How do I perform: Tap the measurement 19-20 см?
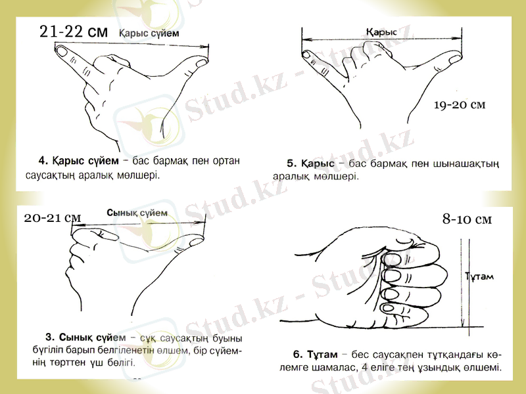(x=460, y=105)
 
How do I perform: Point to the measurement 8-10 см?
(x=467, y=219)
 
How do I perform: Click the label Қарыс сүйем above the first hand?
(x=149, y=33)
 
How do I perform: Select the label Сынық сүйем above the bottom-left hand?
(x=137, y=213)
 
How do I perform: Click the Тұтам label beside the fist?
(x=480, y=277)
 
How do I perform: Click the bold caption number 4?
(x=42, y=160)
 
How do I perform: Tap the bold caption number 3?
(x=49, y=338)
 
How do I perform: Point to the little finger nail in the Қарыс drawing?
(x=307, y=55)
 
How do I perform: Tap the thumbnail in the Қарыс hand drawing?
(x=453, y=60)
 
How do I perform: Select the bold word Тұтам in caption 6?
(x=321, y=353)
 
